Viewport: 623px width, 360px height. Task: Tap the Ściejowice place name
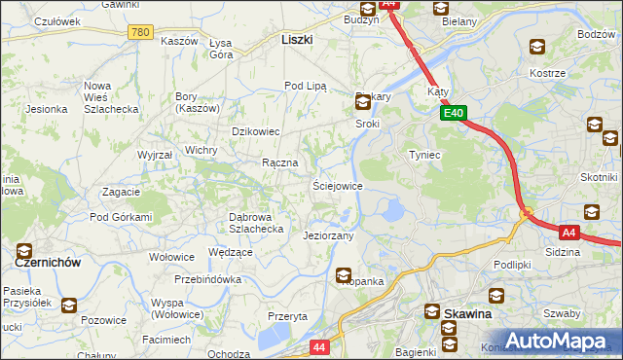coord(338,185)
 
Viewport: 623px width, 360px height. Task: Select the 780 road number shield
coord(140,32)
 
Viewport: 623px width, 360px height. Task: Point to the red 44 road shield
coord(319,346)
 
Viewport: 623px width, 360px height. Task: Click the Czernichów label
coord(47,263)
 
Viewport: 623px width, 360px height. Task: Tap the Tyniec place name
coord(425,155)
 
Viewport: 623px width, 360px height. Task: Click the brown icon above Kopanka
coord(344,276)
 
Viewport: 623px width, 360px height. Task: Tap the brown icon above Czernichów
coord(24,251)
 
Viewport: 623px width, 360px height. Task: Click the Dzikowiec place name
coord(256,130)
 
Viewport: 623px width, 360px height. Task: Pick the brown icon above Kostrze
coord(536,47)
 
